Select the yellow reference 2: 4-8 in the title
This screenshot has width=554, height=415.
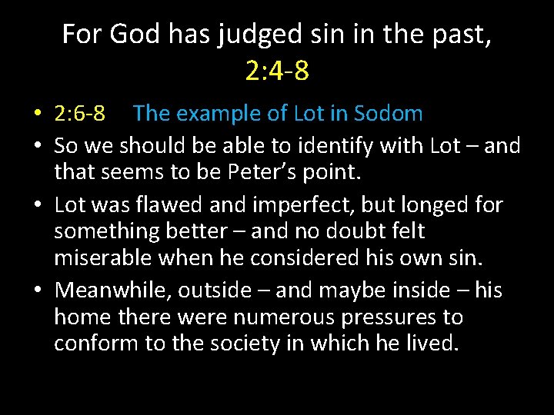tap(277, 71)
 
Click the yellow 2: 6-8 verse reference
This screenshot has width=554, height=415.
tap(80, 114)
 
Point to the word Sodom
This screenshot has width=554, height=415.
tap(389, 114)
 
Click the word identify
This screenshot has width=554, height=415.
tap(342, 145)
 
